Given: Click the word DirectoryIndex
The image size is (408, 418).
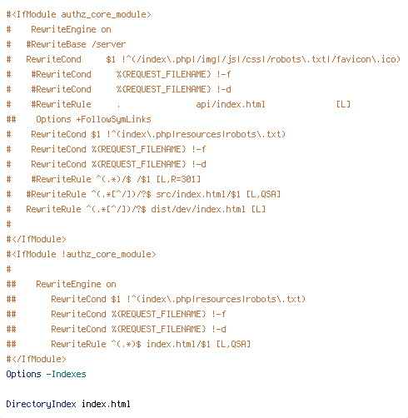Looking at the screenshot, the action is click(x=41, y=404).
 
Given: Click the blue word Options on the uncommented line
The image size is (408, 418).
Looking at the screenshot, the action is click(x=23, y=374).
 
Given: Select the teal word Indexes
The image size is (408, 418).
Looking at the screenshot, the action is click(x=69, y=374).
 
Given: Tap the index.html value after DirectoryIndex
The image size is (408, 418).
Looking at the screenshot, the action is click(x=106, y=404).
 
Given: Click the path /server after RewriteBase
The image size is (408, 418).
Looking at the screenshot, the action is click(x=109, y=44).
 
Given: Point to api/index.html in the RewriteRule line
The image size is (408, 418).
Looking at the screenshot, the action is click(x=231, y=104).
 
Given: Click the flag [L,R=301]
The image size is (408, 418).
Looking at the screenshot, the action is click(x=178, y=179).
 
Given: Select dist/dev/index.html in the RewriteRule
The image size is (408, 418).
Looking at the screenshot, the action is click(x=198, y=209).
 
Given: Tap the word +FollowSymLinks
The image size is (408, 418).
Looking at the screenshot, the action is click(x=113, y=119).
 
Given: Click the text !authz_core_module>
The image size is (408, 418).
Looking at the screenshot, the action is click(x=109, y=254).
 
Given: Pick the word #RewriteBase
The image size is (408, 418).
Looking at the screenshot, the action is click(x=56, y=44).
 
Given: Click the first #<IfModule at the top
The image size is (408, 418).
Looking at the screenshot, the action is click(x=32, y=14).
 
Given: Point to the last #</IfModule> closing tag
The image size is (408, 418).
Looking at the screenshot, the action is click(x=37, y=359).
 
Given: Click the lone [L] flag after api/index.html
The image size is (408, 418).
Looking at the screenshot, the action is click(x=343, y=104).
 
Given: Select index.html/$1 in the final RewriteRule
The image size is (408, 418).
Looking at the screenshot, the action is click(x=178, y=344).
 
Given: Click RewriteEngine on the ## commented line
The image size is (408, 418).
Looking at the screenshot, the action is click(x=68, y=284).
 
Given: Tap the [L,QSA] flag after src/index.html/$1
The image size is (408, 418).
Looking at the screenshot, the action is click(x=263, y=194).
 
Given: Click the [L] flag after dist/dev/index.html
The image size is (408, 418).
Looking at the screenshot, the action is click(x=258, y=209).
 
